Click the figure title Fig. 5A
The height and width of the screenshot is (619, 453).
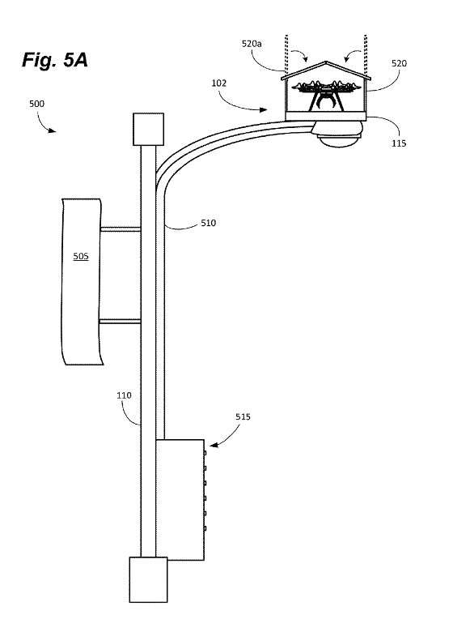pos(55,60)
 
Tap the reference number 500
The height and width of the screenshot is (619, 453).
pos(36,104)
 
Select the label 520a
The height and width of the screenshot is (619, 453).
pos(252,44)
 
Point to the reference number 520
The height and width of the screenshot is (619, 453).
pos(399,63)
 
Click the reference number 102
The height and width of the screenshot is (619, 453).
pos(218,83)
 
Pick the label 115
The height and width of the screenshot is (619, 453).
pos(399,143)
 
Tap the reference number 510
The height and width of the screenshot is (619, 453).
pos(208,223)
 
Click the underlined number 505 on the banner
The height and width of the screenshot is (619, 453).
pos(81,256)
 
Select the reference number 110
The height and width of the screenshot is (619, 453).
pos(124,395)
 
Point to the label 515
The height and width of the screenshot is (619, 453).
pos(243,416)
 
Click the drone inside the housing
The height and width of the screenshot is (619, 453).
pos(325,95)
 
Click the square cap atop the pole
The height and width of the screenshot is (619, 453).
pos(148,129)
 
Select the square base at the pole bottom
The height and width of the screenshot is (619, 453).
pos(148,579)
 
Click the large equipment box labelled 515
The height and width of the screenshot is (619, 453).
pos(180,499)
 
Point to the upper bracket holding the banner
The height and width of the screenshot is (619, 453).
pos(121,229)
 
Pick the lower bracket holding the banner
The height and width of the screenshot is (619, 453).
pos(121,322)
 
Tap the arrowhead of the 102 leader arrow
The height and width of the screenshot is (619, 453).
pos(265,109)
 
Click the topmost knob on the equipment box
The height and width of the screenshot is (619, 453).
pos(205,453)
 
